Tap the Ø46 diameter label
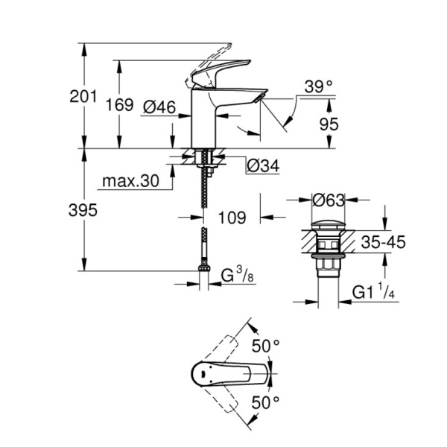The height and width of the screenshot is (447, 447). [158, 108]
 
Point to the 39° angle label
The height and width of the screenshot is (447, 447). [319, 87]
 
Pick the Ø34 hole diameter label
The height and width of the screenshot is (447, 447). [261, 165]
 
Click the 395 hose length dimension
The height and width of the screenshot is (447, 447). [83, 211]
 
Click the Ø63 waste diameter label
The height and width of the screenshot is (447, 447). [329, 200]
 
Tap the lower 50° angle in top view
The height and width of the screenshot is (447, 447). [267, 403]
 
